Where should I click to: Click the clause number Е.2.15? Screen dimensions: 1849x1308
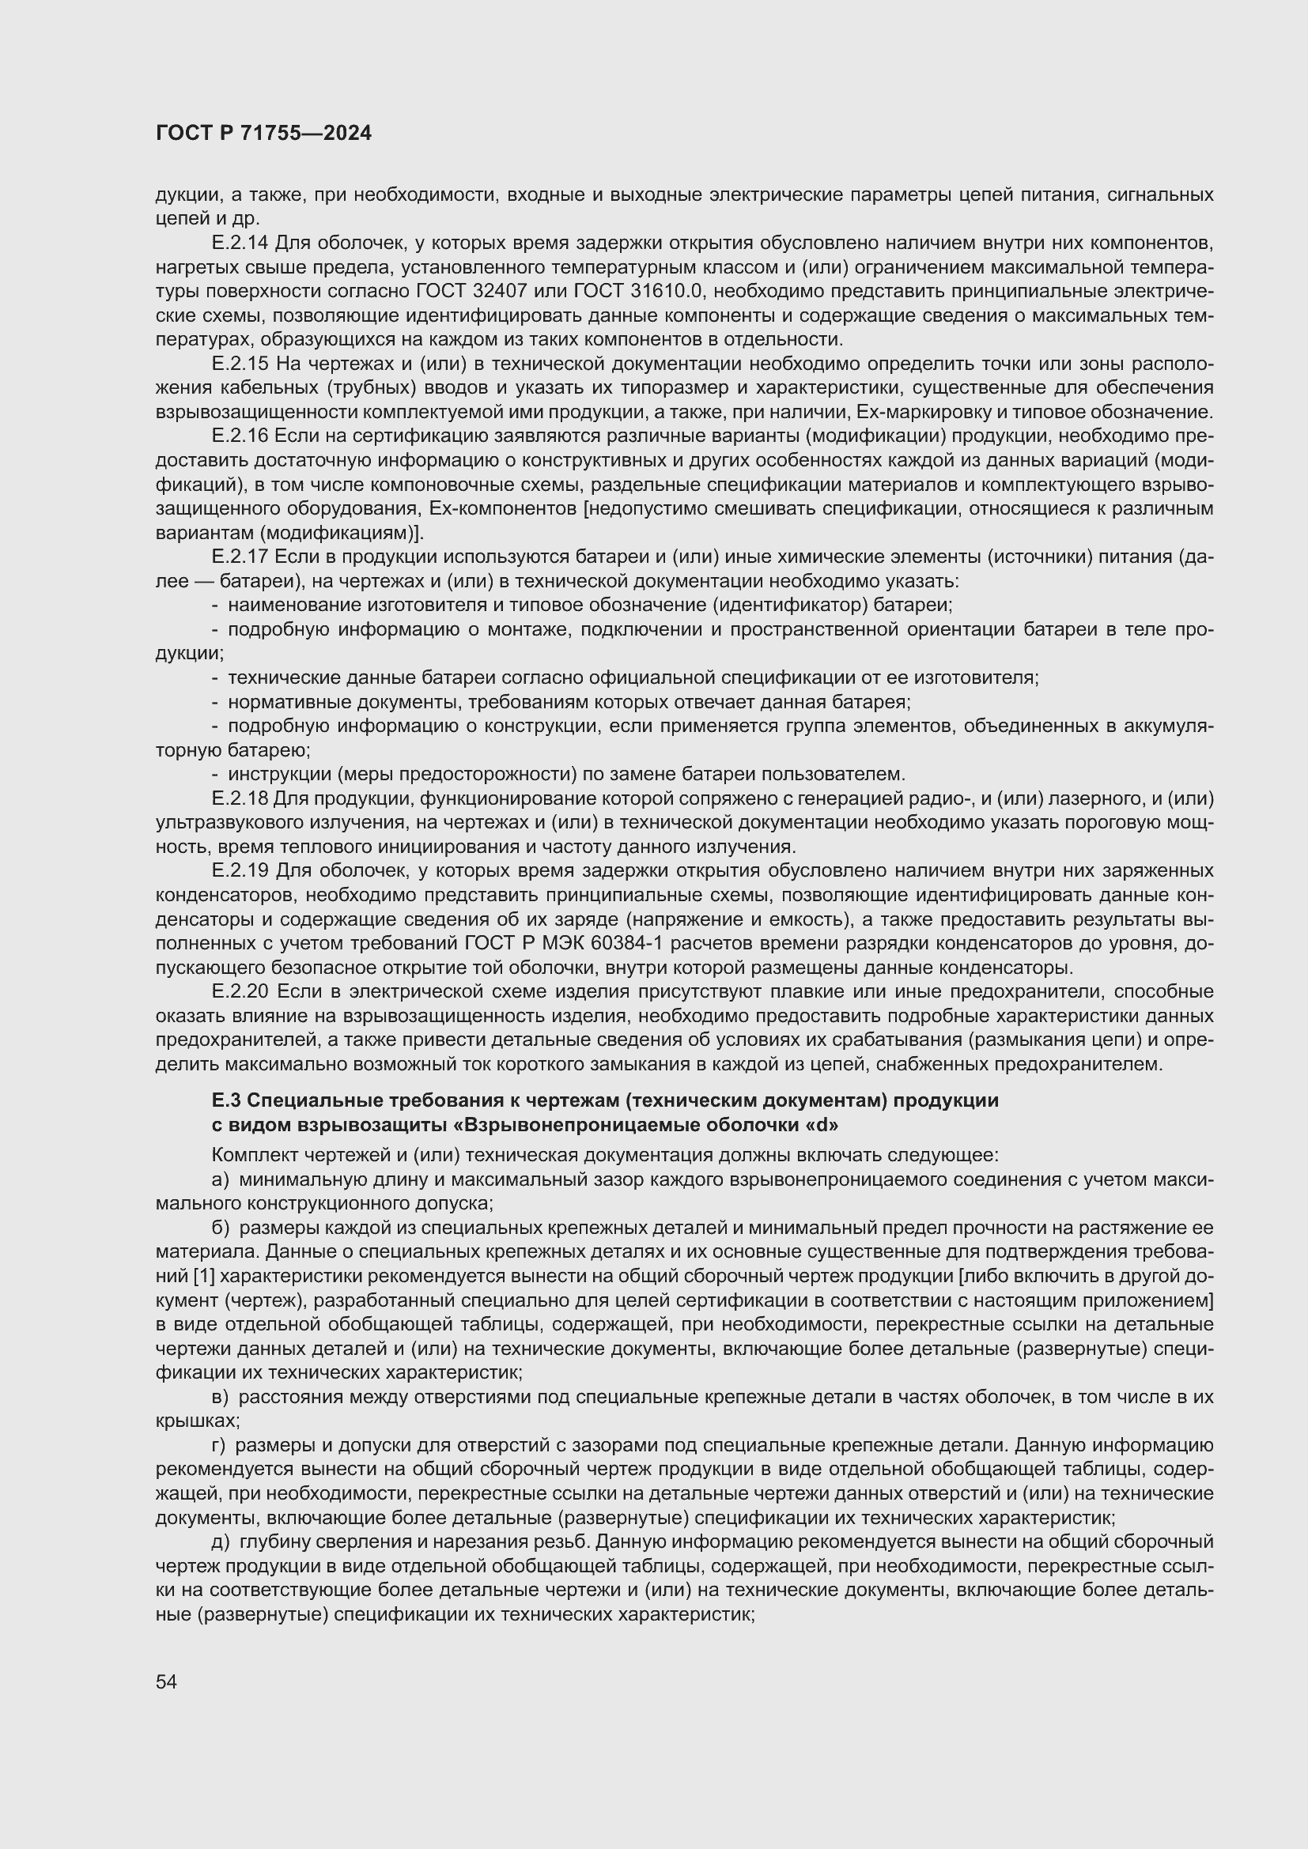(x=239, y=364)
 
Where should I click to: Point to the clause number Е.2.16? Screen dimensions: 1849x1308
(x=239, y=436)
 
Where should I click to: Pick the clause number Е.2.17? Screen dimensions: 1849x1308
(x=239, y=557)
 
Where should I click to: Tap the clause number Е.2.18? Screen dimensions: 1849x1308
(x=239, y=799)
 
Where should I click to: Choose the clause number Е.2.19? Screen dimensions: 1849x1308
(x=239, y=871)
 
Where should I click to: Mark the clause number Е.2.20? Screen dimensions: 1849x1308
(x=239, y=992)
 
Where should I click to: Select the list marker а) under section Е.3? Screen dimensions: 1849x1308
(x=221, y=1180)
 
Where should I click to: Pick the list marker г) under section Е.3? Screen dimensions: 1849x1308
(x=220, y=1447)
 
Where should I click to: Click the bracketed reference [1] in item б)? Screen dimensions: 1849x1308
(x=204, y=1277)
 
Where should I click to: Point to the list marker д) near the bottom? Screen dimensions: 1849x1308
(x=221, y=1543)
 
